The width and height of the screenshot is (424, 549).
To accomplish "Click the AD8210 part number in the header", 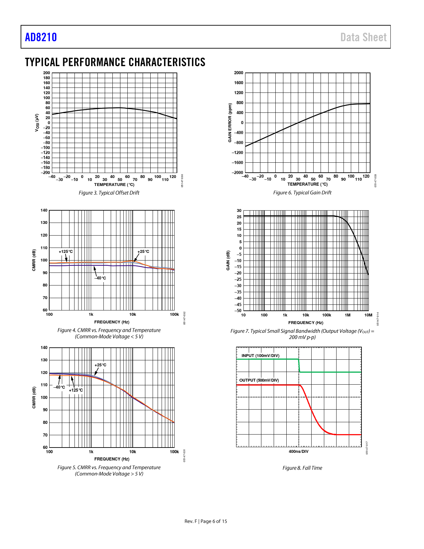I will [41, 37].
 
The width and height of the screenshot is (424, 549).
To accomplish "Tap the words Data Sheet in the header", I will [363, 37].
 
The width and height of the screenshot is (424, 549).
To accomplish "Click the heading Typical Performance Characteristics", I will [115, 62].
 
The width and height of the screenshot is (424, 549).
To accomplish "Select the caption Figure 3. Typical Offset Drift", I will [109, 193].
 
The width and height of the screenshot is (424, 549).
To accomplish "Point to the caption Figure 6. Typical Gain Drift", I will [302, 193].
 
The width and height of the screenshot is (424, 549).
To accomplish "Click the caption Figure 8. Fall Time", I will [302, 468].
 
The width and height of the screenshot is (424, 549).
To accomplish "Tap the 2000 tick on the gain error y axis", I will [238, 73].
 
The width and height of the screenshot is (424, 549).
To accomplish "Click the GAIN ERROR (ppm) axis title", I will [230, 123].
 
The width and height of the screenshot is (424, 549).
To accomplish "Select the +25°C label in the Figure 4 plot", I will [143, 252].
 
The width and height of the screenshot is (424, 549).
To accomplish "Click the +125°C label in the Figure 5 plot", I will [76, 390].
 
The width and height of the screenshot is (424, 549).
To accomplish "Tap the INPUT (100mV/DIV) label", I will [260, 356].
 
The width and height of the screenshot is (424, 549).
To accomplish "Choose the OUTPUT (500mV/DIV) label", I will [259, 380].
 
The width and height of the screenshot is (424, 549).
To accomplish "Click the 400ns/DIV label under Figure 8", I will [298, 452].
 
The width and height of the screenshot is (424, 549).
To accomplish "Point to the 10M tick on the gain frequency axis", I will [368, 315].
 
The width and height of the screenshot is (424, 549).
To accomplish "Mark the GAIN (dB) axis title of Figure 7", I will [228, 261].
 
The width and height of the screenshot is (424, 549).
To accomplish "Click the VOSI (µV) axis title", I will [37, 123].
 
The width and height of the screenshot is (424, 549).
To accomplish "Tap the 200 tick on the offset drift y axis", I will [47, 73].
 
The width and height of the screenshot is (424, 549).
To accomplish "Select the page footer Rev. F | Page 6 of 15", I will [206, 521].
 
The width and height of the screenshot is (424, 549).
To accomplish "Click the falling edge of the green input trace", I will [299, 366].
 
